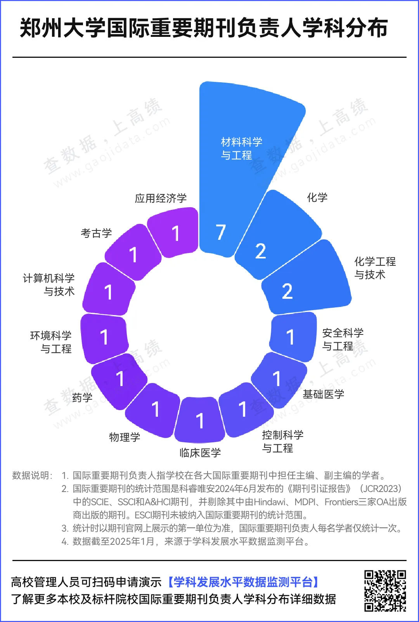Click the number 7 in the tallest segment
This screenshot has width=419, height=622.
(221, 232)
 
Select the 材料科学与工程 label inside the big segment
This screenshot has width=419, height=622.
(241, 149)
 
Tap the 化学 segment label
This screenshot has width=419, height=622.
(317, 198)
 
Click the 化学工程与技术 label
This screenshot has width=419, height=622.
(375, 268)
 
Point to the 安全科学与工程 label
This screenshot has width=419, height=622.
(343, 339)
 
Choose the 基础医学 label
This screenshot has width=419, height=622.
(324, 394)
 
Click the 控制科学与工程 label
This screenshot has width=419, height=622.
(283, 442)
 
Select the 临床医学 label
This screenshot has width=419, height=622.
(200, 453)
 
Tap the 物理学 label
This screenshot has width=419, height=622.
(125, 437)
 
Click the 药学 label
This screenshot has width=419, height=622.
(82, 398)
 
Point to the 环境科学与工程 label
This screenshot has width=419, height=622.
(51, 342)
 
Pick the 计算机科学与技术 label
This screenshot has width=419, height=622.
(49, 285)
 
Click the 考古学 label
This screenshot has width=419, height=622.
(96, 233)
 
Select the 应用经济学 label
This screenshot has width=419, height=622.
(161, 198)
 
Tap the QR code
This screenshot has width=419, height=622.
(385, 591)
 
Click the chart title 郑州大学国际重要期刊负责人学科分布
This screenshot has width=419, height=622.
(204, 28)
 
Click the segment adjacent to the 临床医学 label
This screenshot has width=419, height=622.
(200, 419)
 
